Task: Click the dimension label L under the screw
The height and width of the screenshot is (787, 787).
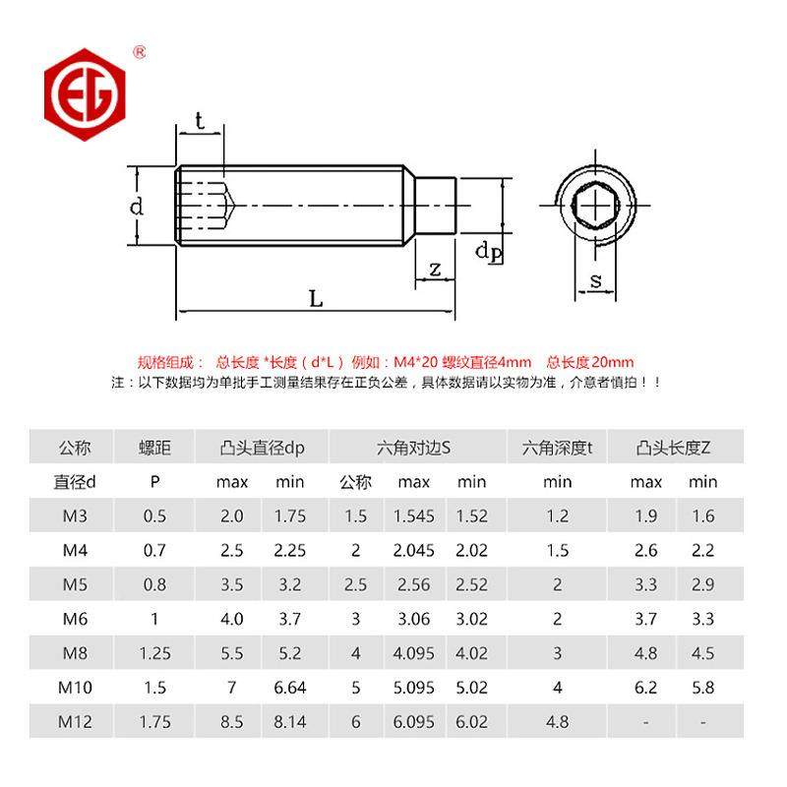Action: click(315, 299)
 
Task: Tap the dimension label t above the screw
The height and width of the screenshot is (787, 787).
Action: click(200, 121)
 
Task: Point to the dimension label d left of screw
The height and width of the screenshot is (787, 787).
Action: click(138, 206)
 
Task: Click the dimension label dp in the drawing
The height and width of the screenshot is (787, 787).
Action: click(488, 252)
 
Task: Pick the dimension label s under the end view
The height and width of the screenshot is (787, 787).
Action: click(595, 281)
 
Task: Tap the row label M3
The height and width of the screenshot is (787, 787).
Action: click(75, 515)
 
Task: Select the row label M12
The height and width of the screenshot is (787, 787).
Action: click(75, 721)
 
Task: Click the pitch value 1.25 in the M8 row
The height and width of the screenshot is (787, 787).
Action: click(154, 652)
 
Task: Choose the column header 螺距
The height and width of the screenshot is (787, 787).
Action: click(154, 448)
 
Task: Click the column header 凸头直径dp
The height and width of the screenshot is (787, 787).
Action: click(262, 448)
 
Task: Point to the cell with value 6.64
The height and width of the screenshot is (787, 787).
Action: click(290, 687)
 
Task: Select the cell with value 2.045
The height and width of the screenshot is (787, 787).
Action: click(414, 550)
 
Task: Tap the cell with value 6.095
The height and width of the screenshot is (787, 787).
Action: click(414, 721)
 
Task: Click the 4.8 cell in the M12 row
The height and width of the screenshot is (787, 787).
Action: click(557, 721)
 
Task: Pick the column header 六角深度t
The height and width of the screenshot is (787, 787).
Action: click(557, 448)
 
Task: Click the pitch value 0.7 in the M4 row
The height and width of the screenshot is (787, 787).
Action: click(154, 550)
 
